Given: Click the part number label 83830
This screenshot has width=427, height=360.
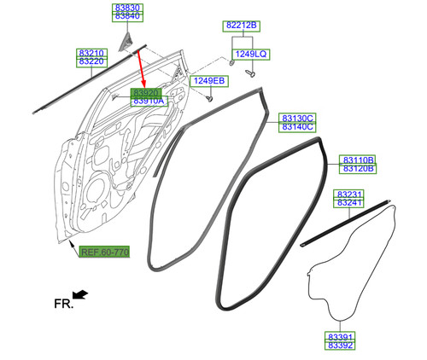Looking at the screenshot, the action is pyautogui.click(x=127, y=8).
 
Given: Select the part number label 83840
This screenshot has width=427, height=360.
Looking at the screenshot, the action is pyautogui.click(x=127, y=17).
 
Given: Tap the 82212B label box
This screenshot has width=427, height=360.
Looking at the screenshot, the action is pyautogui.click(x=242, y=26).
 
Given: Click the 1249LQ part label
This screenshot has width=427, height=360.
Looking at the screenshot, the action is pyautogui.click(x=251, y=54).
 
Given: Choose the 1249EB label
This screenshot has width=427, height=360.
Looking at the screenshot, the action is pyautogui.click(x=209, y=81).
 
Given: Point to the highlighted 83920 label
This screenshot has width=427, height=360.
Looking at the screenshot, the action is pyautogui.click(x=146, y=93).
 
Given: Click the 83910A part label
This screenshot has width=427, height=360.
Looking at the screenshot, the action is pyautogui.click(x=149, y=102).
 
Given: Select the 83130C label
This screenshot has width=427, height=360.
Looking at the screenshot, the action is pyautogui.click(x=297, y=118).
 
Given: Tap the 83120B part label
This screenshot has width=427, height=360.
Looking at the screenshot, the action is pyautogui.click(x=358, y=168).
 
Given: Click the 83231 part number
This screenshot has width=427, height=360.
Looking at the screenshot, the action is pyautogui.click(x=348, y=195).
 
